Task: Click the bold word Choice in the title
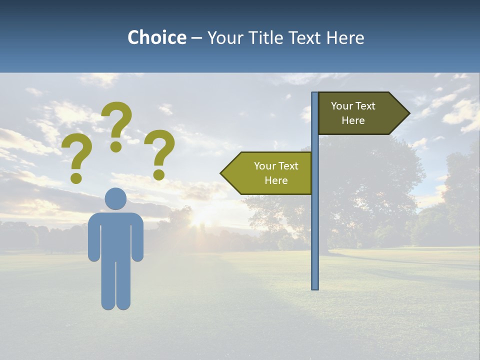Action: [x=156, y=38]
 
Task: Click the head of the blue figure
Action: [x=115, y=198]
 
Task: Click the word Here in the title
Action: [x=345, y=38]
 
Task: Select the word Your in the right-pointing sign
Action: [x=342, y=106]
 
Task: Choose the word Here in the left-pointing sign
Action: [x=276, y=180]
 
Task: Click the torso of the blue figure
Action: [x=115, y=235]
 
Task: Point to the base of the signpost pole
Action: [x=315, y=287]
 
